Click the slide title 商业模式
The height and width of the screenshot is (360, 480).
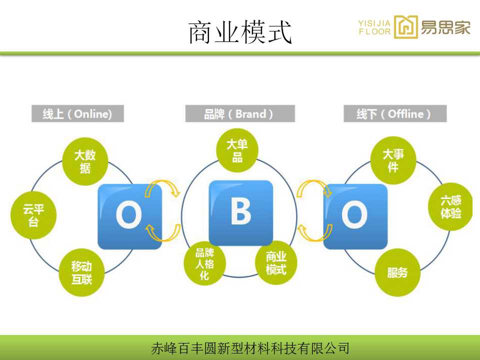pyautogui.click(x=240, y=32)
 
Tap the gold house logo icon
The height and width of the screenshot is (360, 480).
pyautogui.click(x=406, y=27)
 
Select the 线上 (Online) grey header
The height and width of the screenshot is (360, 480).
pyautogui.click(x=78, y=113)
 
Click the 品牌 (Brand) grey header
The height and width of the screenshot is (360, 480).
pyautogui.click(x=240, y=113)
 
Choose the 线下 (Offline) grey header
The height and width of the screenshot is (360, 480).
pyautogui.click(x=395, y=113)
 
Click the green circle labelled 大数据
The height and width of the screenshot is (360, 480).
pyautogui.click(x=85, y=161)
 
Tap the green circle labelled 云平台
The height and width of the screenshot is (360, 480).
pyautogui.click(x=33, y=215)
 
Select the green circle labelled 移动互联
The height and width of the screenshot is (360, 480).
pyautogui.click(x=81, y=272)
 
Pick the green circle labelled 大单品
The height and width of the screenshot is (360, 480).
pyautogui.click(x=237, y=150)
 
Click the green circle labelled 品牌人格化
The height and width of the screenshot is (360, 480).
pyautogui.click(x=205, y=263)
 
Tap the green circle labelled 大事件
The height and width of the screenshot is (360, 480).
pyautogui.click(x=393, y=160)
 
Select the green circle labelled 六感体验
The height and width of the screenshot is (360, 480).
pyautogui.click(x=450, y=206)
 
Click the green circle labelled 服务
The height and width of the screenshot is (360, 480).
pyautogui.click(x=397, y=272)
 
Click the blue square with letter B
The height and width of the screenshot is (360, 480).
pyautogui.click(x=240, y=213)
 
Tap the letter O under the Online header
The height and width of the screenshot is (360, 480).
pyautogui.click(x=129, y=215)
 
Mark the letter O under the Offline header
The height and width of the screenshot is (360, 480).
pyautogui.click(x=354, y=215)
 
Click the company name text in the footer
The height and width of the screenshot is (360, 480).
pyautogui.click(x=250, y=348)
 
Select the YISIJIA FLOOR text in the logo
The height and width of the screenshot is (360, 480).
pyautogui.click(x=374, y=27)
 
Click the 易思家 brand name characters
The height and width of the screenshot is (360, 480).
pyautogui.click(x=445, y=27)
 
